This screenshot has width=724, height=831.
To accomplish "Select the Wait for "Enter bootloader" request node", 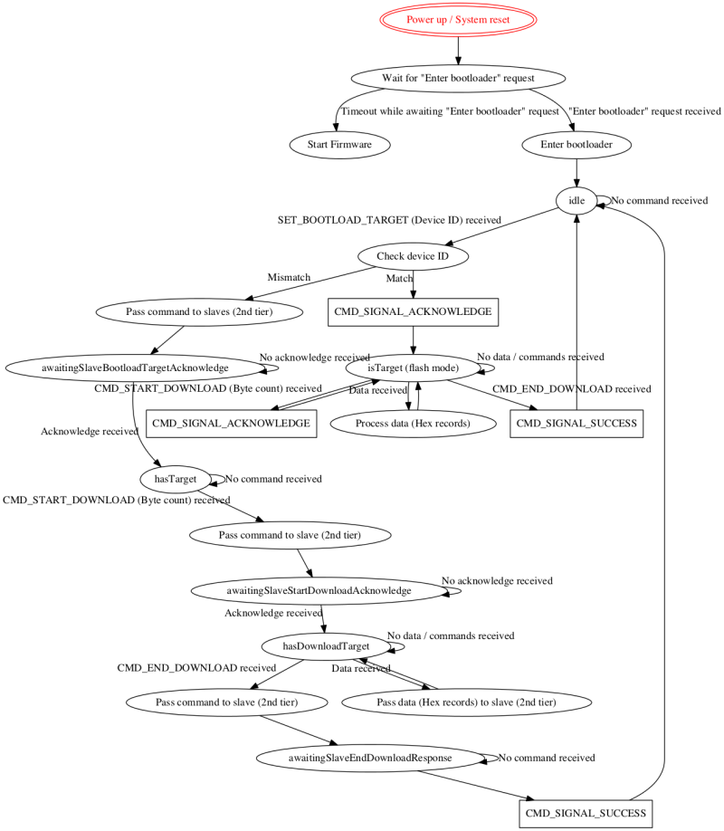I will (x=458, y=78).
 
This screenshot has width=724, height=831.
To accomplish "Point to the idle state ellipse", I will (x=576, y=201).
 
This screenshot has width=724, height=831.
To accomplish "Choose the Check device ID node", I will (x=413, y=256).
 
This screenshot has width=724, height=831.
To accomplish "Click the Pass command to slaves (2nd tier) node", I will (x=197, y=312).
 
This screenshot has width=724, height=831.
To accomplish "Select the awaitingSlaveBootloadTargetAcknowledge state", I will (x=134, y=368).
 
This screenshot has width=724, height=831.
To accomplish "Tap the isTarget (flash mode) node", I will (x=413, y=368).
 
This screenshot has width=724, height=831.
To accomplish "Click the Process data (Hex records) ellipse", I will (x=413, y=424).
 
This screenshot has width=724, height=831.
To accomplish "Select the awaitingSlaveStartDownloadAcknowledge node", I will (x=319, y=590).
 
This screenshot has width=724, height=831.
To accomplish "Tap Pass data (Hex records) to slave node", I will (x=466, y=702).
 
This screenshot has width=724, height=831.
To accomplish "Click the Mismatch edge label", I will (x=289, y=277).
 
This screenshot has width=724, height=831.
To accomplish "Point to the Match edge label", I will (x=399, y=279).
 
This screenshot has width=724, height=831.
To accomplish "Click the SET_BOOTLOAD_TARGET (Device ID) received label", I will (x=389, y=220).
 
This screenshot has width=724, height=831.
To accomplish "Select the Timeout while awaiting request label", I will (x=449, y=112).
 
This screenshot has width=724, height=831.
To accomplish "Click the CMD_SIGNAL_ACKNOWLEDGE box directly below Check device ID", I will (x=413, y=312).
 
